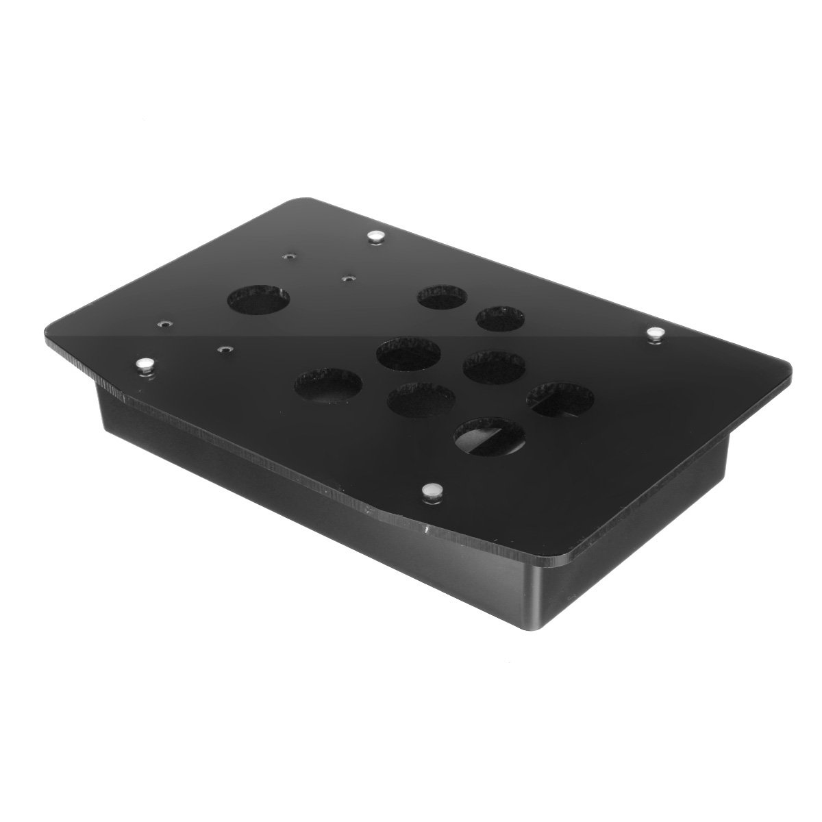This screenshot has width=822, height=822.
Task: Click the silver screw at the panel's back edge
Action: [374, 236]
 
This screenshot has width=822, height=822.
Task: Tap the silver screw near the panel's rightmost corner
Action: [657, 333]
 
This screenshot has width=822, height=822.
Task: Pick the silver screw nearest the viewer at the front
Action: [432, 490]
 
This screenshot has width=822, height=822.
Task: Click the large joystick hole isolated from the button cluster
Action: [258, 300]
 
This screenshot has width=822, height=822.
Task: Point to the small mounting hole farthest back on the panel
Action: [289, 258]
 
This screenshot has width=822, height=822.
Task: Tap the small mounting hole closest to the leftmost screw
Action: [164, 322]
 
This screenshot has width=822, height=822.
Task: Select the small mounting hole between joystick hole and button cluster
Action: [349, 279]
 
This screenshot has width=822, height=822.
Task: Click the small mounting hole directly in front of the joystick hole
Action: [221, 349]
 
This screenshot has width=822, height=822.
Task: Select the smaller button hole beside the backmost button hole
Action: [501, 319]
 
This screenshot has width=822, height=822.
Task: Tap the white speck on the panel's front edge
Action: [427, 530]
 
